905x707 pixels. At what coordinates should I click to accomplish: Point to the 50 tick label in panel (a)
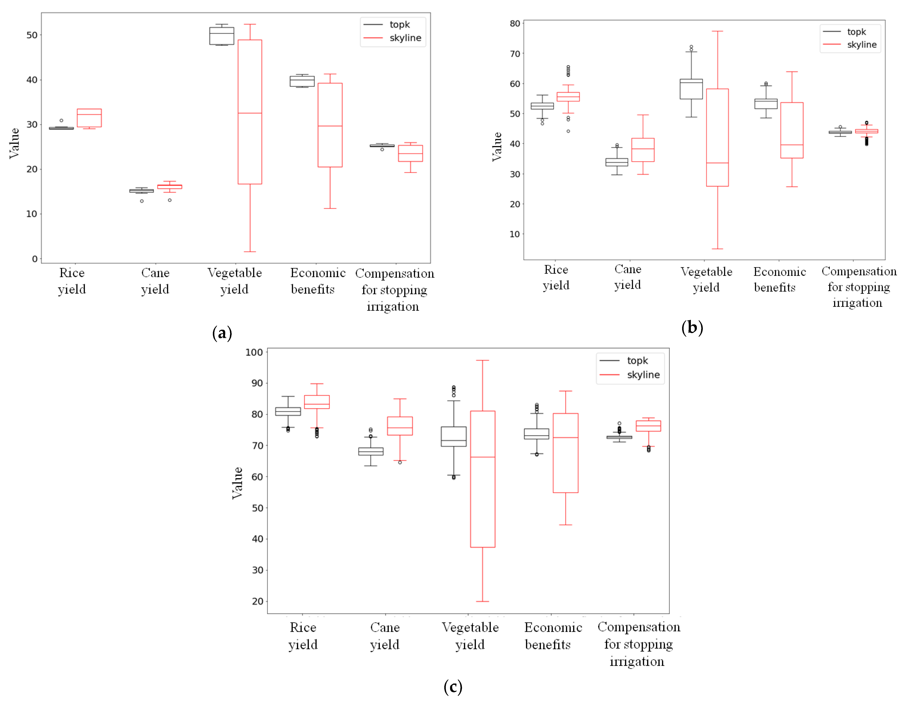(x=32, y=35)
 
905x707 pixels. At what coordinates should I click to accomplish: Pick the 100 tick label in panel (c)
(x=254, y=352)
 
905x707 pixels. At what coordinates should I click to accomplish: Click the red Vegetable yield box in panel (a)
(x=250, y=112)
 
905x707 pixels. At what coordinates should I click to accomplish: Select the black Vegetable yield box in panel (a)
(x=222, y=36)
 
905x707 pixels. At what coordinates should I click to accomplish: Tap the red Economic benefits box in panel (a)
(x=330, y=125)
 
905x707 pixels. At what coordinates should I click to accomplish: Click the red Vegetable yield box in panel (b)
(x=717, y=138)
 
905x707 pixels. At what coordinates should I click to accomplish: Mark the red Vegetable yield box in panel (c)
(x=483, y=479)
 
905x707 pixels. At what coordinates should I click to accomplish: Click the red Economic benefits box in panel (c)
(x=566, y=453)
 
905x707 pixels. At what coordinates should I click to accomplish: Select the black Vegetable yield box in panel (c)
(x=454, y=436)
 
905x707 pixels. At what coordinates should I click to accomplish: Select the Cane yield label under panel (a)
(x=155, y=281)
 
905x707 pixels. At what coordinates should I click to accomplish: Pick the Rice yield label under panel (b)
(x=556, y=278)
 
